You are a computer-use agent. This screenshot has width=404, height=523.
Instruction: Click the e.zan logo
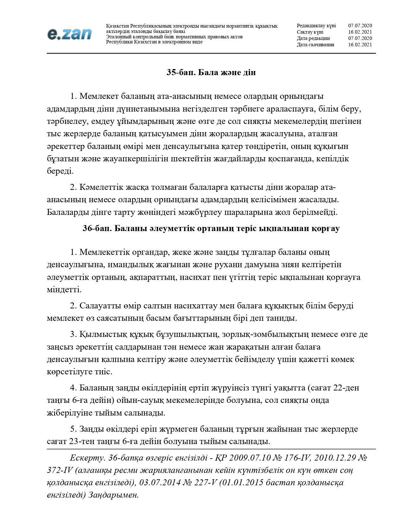pyautogui.click(x=69, y=34)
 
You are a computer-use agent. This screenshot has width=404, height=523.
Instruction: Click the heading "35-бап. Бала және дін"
pyautogui.click(x=211, y=73)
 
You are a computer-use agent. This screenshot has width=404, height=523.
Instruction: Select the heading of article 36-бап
pyautogui.click(x=211, y=229)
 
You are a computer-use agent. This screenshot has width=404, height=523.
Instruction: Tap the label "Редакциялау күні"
pyautogui.click(x=316, y=26)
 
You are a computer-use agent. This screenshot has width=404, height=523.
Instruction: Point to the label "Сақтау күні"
pyautogui.click(x=310, y=32)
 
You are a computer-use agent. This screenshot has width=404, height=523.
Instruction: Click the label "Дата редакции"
pyautogui.click(x=313, y=38)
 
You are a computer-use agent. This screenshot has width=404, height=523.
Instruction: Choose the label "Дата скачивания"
pyautogui.click(x=315, y=45)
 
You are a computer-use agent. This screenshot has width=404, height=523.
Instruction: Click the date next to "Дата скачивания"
pyautogui.click(x=360, y=45)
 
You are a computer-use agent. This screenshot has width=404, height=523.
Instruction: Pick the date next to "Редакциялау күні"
pyautogui.click(x=360, y=26)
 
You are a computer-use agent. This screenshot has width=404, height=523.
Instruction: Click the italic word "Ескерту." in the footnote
pyautogui.click(x=87, y=458)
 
